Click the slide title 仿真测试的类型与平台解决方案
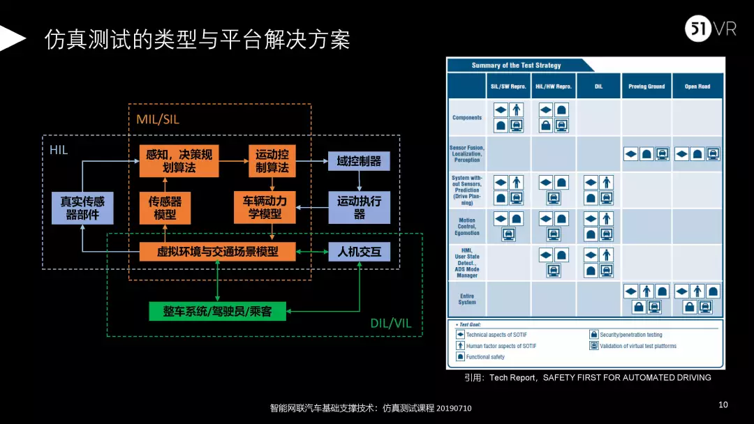point(198,40)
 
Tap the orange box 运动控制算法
point(272,161)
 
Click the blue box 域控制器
point(359,161)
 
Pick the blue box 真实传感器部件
point(82,208)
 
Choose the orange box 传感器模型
point(165,208)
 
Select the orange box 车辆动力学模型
point(265,208)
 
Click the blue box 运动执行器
point(359,208)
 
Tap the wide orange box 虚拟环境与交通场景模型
point(218,252)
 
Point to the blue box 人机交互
point(359,252)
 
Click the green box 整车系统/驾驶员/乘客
point(219,311)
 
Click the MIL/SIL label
point(158,119)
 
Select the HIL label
point(59,149)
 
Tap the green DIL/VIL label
point(392,324)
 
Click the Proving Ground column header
point(646,86)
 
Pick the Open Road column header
point(697,86)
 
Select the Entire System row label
point(467,299)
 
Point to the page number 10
point(723,405)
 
